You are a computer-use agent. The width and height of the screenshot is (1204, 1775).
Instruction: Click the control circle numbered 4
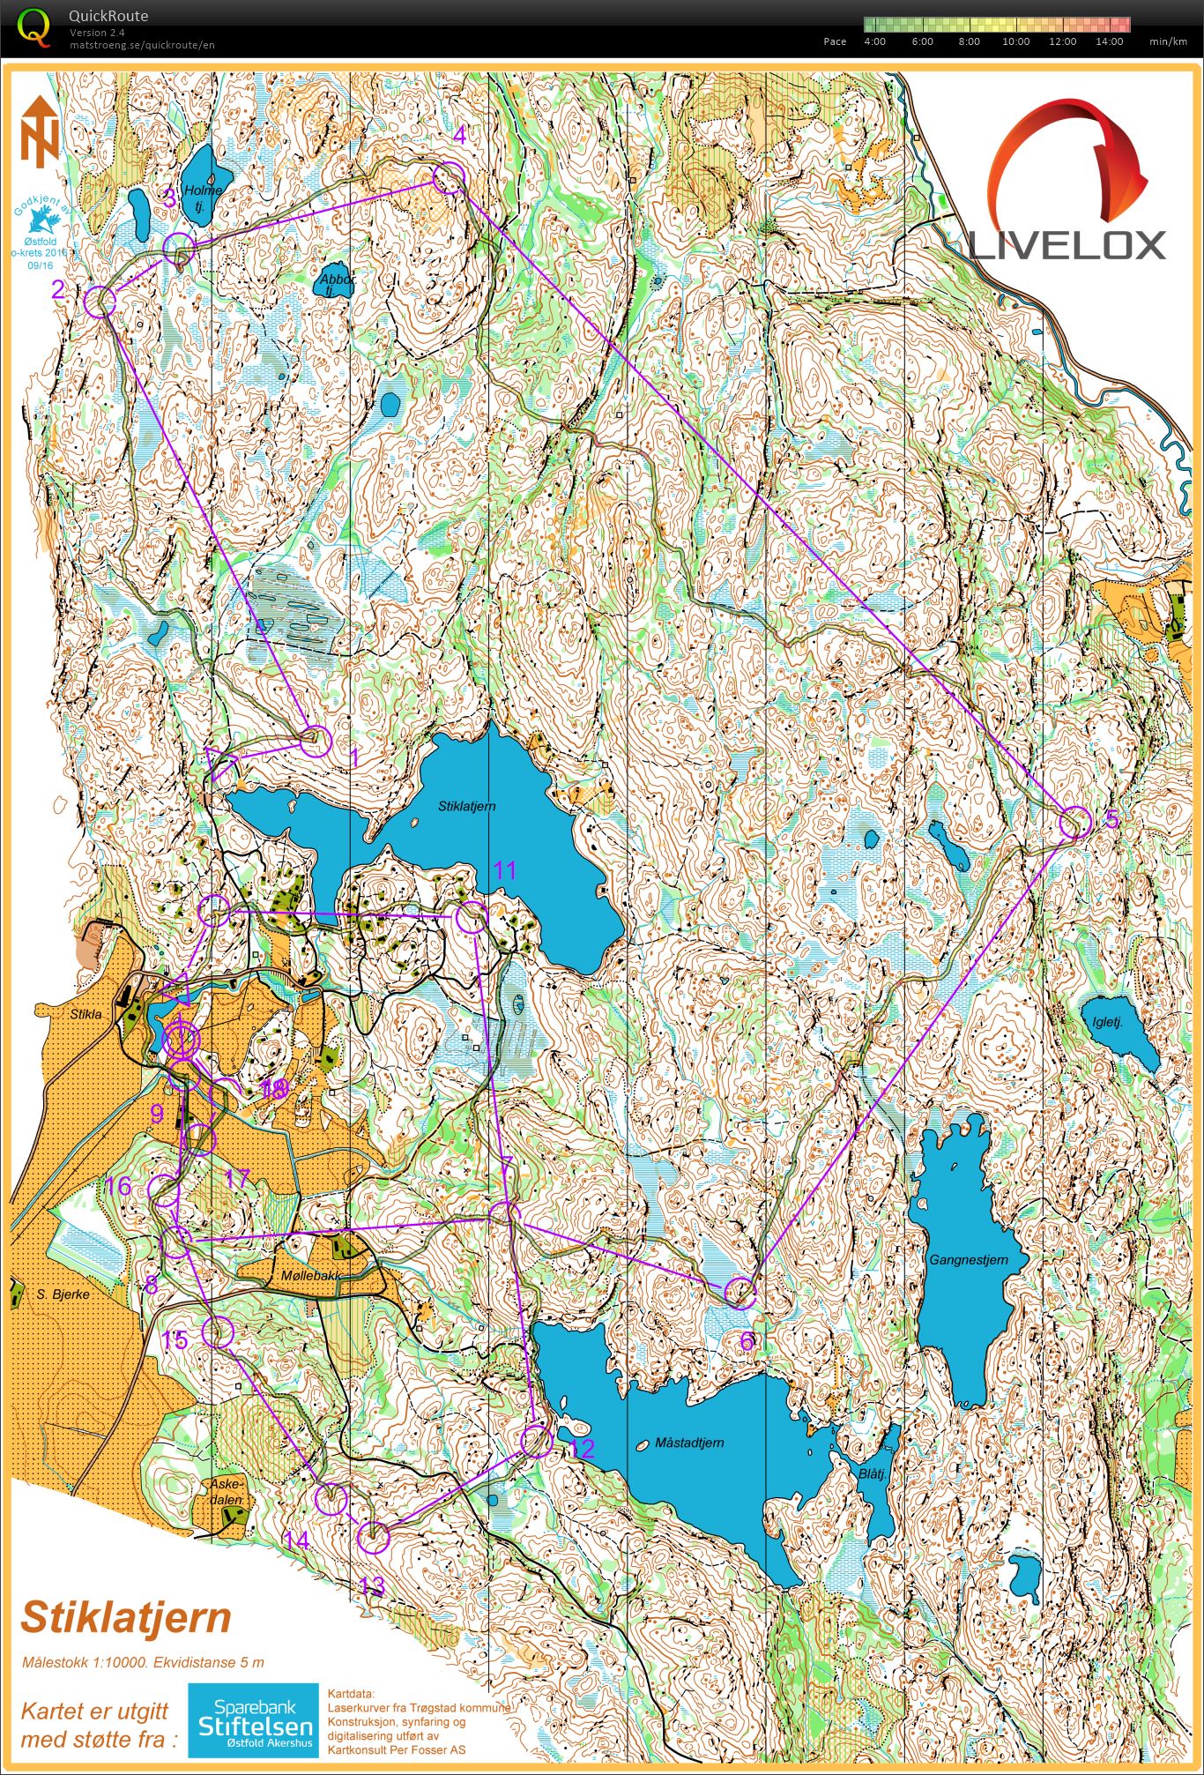(x=449, y=177)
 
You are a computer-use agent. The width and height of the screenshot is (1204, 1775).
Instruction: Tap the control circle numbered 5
(x=1074, y=822)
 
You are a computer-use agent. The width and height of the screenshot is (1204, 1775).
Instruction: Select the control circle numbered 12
(x=536, y=1442)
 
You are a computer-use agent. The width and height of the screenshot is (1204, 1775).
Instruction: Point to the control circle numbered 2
(x=100, y=302)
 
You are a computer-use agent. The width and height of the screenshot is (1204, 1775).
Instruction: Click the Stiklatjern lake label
(x=466, y=806)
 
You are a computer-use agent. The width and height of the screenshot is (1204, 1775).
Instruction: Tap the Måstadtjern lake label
(x=689, y=1443)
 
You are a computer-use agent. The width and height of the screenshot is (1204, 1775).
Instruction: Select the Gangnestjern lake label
(x=968, y=1260)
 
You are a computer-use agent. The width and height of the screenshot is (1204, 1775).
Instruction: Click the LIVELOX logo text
(x=1067, y=245)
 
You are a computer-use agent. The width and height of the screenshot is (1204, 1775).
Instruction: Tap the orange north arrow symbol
(x=40, y=132)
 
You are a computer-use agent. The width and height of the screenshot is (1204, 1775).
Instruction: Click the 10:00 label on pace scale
(x=1015, y=41)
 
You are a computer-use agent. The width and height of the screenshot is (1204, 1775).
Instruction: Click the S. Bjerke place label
(x=63, y=1294)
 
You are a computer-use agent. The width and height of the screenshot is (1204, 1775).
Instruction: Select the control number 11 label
(x=504, y=871)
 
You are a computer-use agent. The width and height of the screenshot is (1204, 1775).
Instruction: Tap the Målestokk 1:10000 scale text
(x=143, y=1663)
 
